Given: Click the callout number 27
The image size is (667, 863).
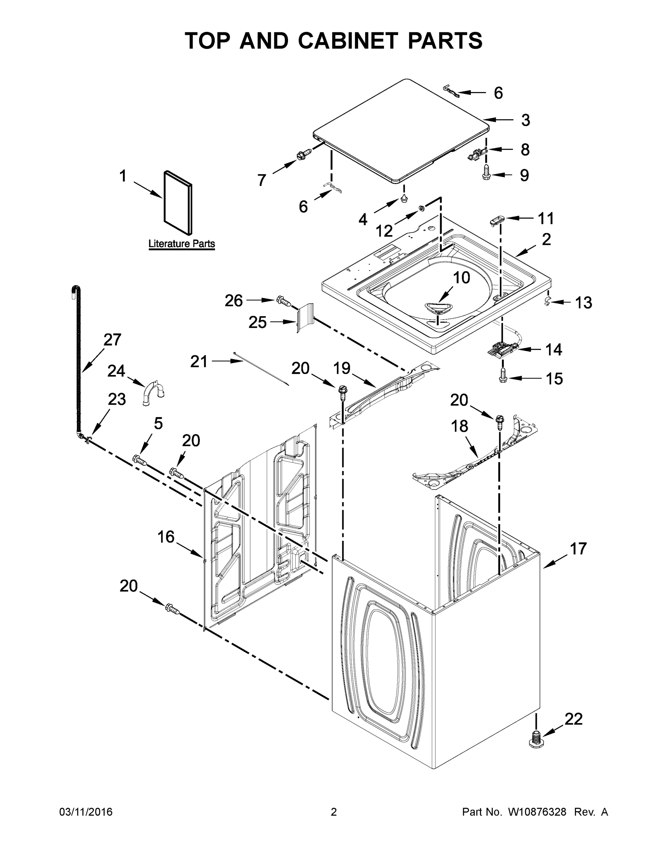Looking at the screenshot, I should (112, 340).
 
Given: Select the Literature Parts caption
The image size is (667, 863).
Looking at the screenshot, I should (181, 244).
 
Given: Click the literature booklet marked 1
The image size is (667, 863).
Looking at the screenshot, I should (178, 202).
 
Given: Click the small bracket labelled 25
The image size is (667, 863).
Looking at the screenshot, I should (305, 318).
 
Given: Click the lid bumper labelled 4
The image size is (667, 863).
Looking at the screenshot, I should (404, 198).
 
